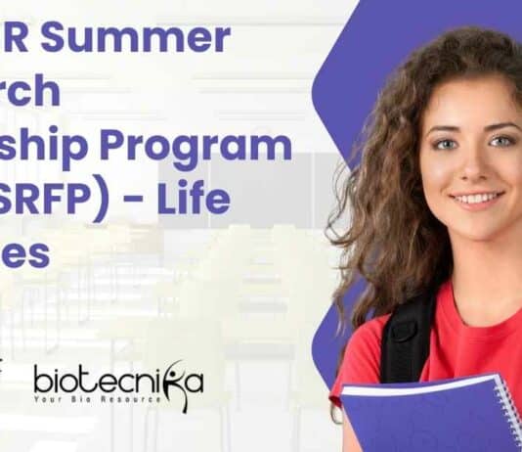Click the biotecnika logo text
pyautogui.click(x=117, y=378)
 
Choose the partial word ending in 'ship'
pyautogui.click(x=40, y=148)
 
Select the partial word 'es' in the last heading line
pyautogui.click(x=24, y=252)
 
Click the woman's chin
pyautogui.click(x=478, y=223)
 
